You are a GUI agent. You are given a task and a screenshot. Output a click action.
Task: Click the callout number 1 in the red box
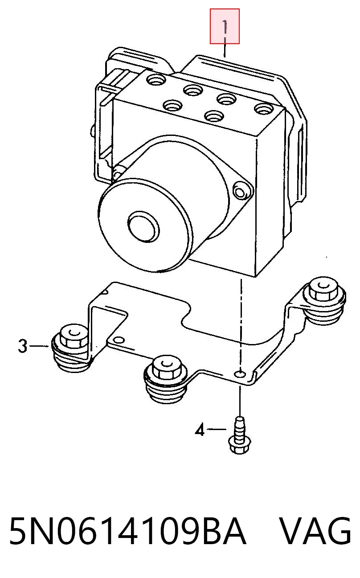click(x=225, y=27)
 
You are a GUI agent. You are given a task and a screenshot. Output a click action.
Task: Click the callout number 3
click(x=22, y=346)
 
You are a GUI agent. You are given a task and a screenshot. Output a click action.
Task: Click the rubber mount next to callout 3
click(x=71, y=348)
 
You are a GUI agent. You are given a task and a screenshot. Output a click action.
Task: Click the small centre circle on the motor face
click(x=143, y=227)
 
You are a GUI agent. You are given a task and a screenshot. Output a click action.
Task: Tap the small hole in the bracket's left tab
click(x=119, y=340)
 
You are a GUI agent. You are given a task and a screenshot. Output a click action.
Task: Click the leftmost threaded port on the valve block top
click(x=156, y=79)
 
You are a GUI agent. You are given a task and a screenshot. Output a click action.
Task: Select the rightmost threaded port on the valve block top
click(x=264, y=109)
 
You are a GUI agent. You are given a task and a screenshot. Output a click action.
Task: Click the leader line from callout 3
click(x=39, y=346)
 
